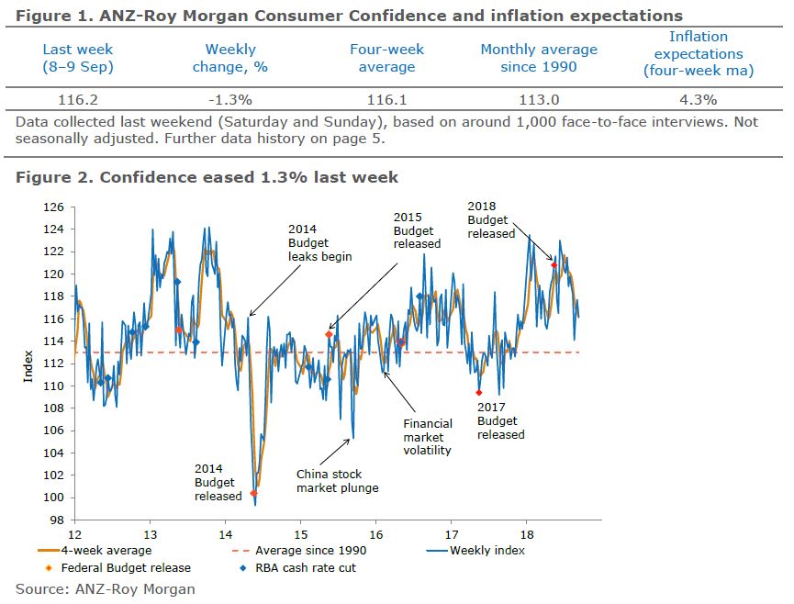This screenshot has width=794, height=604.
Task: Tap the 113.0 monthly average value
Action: tap(539, 99)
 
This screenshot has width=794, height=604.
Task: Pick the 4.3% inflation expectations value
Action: tap(698, 99)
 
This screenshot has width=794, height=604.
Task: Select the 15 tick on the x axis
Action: tap(300, 533)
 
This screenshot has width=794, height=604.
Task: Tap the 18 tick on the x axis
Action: tap(526, 533)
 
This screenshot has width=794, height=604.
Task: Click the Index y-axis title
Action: tap(28, 363)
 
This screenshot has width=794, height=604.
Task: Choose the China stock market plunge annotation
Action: tap(337, 481)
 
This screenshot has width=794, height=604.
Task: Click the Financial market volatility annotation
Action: tap(428, 437)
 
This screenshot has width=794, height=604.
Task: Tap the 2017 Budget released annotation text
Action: tap(501, 420)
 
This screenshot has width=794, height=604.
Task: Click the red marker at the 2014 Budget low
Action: tap(253, 494)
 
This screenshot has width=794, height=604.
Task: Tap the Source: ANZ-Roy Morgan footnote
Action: tap(106, 588)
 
